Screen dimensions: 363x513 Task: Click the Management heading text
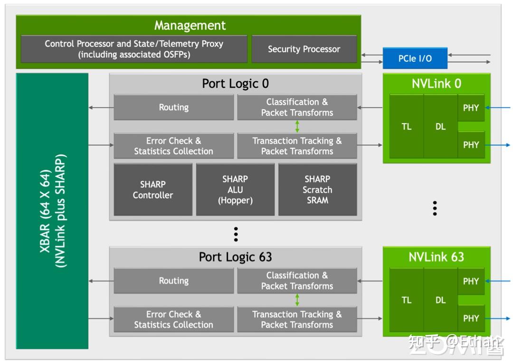pyautogui.click(x=190, y=25)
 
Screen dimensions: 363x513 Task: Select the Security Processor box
pyautogui.click(x=304, y=49)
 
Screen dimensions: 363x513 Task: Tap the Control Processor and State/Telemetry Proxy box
pyautogui.click(x=134, y=49)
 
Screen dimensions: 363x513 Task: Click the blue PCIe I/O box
pyautogui.click(x=415, y=58)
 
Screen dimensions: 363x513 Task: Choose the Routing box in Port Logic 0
pyautogui.click(x=173, y=107)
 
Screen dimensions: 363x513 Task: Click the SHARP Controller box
pyautogui.click(x=153, y=190)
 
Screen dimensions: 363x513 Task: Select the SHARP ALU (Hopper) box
pyautogui.click(x=235, y=190)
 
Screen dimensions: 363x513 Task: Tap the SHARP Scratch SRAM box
pyautogui.click(x=317, y=190)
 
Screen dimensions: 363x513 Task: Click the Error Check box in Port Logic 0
pyautogui.click(x=173, y=146)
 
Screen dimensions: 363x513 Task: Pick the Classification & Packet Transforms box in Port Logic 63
pyautogui.click(x=297, y=281)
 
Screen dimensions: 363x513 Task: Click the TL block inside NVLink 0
pyautogui.click(x=406, y=127)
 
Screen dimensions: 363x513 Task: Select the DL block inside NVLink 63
pyautogui.click(x=440, y=300)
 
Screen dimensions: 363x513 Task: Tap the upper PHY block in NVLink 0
pyautogui.click(x=471, y=108)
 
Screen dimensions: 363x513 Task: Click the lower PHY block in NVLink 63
pyautogui.click(x=471, y=318)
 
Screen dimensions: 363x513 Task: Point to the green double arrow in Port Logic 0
pyautogui.click(x=297, y=126)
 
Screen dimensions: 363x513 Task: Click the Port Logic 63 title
pyautogui.click(x=235, y=257)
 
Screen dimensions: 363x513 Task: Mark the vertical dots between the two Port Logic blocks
pyautogui.click(x=236, y=234)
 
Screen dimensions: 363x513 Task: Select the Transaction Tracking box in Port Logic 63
pyautogui.click(x=297, y=319)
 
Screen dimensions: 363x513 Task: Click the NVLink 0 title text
pyautogui.click(x=436, y=84)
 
